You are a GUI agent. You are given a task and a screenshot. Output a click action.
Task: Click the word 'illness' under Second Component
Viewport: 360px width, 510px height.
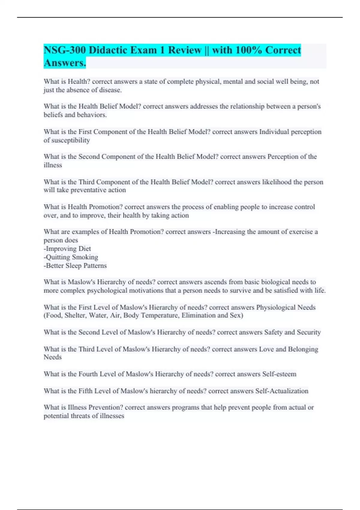pyautogui.click(x=53, y=165)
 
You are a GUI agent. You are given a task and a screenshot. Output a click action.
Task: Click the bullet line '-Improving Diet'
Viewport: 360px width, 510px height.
pyautogui.click(x=67, y=249)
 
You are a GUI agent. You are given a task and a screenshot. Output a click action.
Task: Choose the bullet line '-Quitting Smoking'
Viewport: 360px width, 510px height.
pyautogui.click(x=71, y=257)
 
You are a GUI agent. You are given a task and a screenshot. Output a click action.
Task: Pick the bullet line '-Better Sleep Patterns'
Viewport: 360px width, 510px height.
pyautogui.click(x=75, y=265)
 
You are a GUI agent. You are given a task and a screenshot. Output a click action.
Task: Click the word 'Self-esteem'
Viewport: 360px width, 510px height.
pyautogui.click(x=279, y=374)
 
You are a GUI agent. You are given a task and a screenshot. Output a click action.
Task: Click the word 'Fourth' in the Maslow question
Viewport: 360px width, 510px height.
pyautogui.click(x=88, y=374)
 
